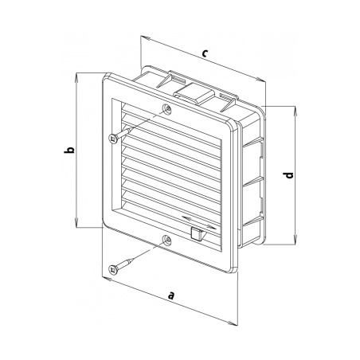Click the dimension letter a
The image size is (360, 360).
172,295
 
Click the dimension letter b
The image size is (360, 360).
69,150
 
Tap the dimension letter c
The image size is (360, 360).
204,53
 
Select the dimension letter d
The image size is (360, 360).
288,175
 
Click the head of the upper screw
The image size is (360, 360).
113,139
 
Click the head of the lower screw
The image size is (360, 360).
113,269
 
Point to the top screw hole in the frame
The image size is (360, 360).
167,108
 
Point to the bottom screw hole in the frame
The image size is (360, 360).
167,240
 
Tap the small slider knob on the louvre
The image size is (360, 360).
197,233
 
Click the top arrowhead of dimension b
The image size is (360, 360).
76,76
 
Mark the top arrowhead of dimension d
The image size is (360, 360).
295,110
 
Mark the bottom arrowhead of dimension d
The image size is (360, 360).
295,241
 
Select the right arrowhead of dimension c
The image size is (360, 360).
260,80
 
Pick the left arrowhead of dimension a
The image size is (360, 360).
107,279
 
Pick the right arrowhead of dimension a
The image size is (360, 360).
233,323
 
